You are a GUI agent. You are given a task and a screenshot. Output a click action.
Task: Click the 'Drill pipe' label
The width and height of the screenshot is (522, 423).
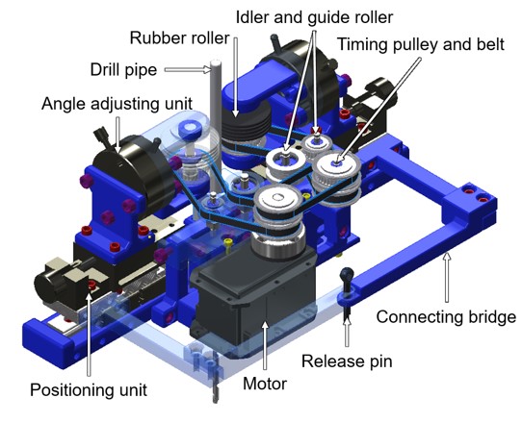click(x=123, y=70)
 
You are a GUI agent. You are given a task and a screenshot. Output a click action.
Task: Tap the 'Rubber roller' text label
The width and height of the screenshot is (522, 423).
click(x=179, y=37)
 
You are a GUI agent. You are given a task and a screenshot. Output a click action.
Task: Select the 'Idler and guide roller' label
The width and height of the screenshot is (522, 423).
click(x=314, y=17)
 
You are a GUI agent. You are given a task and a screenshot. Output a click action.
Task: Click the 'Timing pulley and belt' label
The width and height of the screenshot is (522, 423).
click(x=421, y=44)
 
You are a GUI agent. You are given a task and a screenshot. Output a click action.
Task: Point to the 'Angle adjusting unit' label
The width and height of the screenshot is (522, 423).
click(x=117, y=104)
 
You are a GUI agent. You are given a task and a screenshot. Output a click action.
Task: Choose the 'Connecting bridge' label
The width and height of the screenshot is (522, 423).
click(x=446, y=316)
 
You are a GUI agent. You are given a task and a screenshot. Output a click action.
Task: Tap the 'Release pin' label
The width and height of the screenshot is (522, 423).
click(x=347, y=361)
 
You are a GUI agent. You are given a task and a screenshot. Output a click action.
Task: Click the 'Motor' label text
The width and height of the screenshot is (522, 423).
click(x=265, y=384)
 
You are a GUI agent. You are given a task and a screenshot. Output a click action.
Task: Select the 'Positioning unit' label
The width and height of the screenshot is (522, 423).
click(x=89, y=389)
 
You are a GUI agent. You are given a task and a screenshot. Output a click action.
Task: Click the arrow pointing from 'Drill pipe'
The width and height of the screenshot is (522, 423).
click(x=188, y=69)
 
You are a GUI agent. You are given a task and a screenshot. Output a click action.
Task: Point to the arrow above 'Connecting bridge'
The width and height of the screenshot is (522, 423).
click(x=447, y=277)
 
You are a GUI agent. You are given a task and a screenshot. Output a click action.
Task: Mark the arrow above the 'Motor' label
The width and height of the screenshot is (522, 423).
click(x=265, y=345)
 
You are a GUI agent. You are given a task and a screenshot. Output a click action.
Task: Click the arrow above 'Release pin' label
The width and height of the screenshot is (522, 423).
click(x=347, y=332)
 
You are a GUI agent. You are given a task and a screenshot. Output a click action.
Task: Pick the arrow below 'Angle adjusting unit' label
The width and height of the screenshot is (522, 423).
click(x=117, y=135)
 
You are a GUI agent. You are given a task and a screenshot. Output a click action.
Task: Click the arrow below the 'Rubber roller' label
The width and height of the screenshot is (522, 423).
click(x=236, y=77)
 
